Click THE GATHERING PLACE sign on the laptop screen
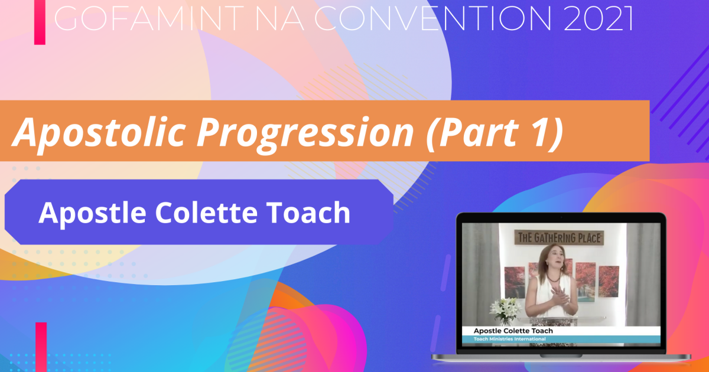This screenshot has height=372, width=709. tap(560, 238)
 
